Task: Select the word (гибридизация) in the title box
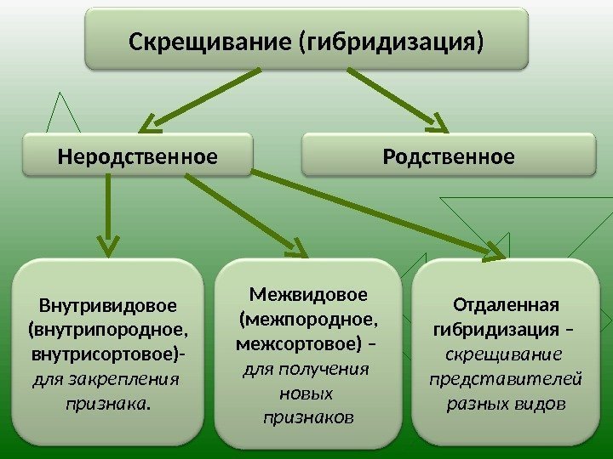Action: (388, 39)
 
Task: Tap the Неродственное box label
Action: (137, 156)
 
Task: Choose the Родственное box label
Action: (450, 156)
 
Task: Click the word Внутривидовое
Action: (108, 304)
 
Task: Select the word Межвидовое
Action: (309, 294)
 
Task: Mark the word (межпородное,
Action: (308, 319)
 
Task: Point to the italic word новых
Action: (307, 394)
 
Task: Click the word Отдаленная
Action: (507, 304)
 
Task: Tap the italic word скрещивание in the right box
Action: (507, 353)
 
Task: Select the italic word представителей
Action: (507, 377)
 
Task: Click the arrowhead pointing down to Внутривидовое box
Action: (107, 246)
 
